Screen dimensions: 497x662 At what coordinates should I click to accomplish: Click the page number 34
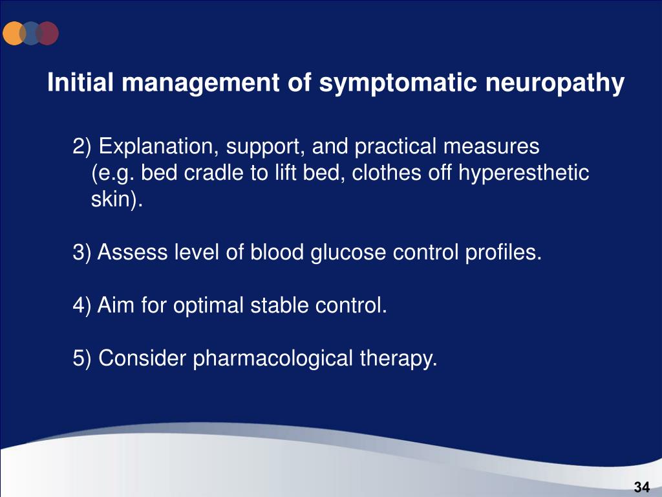[641, 487]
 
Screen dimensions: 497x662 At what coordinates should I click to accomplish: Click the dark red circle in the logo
[48, 33]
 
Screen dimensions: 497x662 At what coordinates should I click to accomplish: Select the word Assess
[133, 252]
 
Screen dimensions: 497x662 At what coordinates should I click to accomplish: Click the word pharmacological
[273, 357]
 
